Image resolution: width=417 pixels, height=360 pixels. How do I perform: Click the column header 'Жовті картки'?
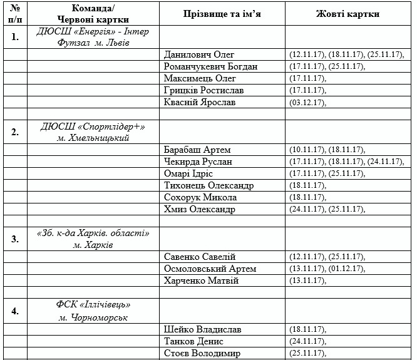(347, 14)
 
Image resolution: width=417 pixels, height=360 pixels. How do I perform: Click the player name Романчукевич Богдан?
(210, 66)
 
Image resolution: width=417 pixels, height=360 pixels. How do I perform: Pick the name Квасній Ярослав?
(200, 102)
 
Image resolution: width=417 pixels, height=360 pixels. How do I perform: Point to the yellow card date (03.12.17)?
(307, 103)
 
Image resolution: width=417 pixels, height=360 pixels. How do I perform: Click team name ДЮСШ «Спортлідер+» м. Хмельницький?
(93, 132)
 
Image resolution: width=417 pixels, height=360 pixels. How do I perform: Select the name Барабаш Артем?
(197, 150)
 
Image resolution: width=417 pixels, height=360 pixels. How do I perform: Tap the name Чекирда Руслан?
(198, 162)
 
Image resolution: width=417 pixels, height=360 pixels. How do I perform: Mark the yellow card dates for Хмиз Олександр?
(327, 210)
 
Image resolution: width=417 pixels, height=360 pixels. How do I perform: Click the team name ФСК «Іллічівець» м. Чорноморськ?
(93, 311)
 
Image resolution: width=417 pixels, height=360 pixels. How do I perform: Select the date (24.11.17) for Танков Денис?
(307, 341)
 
